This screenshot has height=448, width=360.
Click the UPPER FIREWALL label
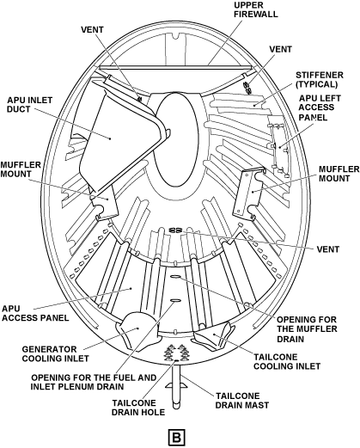click(x=256, y=9)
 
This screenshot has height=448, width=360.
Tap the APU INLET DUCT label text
click(x=29, y=105)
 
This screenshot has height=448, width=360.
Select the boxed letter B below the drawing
click(x=177, y=438)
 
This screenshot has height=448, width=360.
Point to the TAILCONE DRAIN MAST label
click(x=242, y=401)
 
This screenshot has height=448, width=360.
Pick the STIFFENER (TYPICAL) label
click(x=320, y=79)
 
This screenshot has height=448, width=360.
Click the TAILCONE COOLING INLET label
click(x=287, y=361)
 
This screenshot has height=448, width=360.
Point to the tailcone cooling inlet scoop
click(x=212, y=335)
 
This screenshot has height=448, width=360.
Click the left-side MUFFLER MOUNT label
click(x=21, y=169)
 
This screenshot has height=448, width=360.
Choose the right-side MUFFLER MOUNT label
click(x=339, y=174)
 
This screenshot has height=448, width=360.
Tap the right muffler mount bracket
click(x=248, y=193)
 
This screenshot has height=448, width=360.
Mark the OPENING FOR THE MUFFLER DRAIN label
click(x=307, y=329)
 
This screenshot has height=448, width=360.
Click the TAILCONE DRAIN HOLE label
click(x=138, y=408)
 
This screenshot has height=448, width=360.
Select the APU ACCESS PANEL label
click(x=35, y=313)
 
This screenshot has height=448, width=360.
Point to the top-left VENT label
click(x=92, y=30)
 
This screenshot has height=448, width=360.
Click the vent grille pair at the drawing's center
click(x=174, y=230)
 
